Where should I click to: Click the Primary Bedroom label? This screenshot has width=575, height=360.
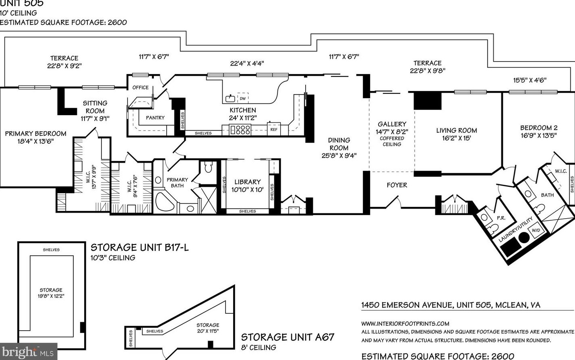pyautogui.click(x=35, y=134)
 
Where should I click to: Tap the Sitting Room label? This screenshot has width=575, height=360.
pyautogui.click(x=95, y=107)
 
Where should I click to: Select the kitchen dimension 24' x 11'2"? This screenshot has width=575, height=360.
pyautogui.click(x=242, y=118)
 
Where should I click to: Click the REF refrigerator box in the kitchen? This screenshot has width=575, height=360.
pyautogui.click(x=274, y=129)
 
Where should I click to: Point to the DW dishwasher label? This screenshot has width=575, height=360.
pyautogui.click(x=242, y=98)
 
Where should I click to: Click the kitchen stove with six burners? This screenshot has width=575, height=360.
pyautogui.click(x=240, y=130)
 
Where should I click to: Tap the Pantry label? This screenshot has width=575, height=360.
pyautogui.click(x=155, y=118)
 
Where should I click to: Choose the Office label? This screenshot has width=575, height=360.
pyautogui.click(x=141, y=87)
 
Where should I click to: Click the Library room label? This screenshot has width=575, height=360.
pyautogui.click(x=247, y=182)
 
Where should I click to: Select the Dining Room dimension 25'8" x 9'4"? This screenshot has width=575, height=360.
pyautogui.click(x=339, y=155)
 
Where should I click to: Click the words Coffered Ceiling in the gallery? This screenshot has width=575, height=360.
pyautogui.click(x=392, y=141)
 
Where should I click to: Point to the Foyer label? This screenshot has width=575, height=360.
pyautogui.click(x=397, y=185)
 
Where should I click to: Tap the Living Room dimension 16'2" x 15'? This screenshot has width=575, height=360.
pyautogui.click(x=456, y=138)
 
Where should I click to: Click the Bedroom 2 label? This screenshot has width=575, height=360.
pyautogui.click(x=538, y=128)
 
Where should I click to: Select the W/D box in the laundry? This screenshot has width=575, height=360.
pyautogui.click(x=536, y=230)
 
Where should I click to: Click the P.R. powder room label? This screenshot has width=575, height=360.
pyautogui.click(x=501, y=218)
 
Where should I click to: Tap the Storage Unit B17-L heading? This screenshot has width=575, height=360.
pyautogui.click(x=139, y=247)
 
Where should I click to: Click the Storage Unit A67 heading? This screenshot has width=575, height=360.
pyautogui.click(x=287, y=337)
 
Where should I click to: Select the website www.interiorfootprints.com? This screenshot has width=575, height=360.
pyautogui.click(x=405, y=323)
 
